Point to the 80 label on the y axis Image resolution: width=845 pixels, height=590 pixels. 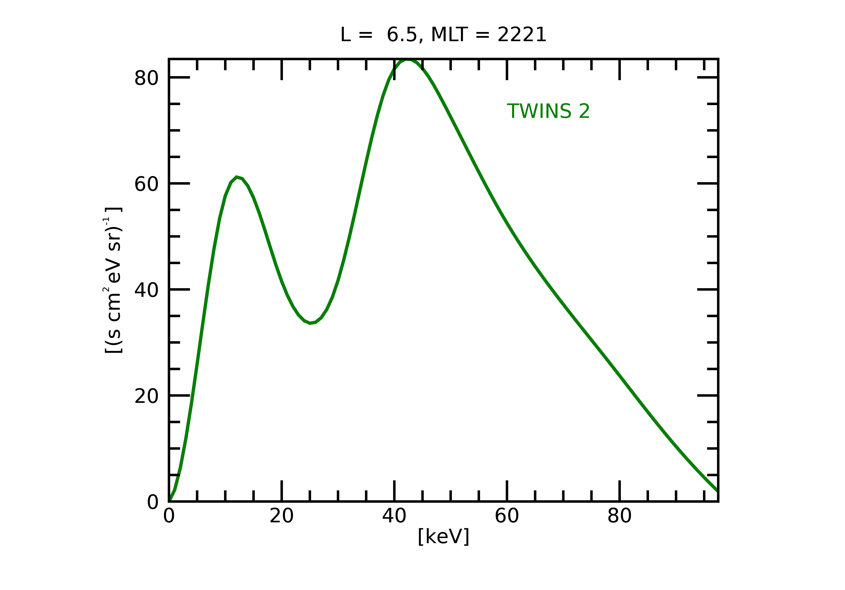(146, 78)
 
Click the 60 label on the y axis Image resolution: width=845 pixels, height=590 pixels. (146, 184)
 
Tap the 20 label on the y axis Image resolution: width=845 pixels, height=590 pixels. (146, 396)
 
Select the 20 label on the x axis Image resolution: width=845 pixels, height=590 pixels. (281, 516)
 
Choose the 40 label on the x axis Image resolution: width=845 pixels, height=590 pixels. (394, 516)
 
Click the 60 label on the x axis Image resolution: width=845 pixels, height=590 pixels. (507, 516)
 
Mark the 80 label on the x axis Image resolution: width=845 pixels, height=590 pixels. (619, 516)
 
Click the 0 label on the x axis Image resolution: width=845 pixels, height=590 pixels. (169, 516)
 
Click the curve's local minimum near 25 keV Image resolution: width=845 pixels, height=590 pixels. (310, 323)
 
